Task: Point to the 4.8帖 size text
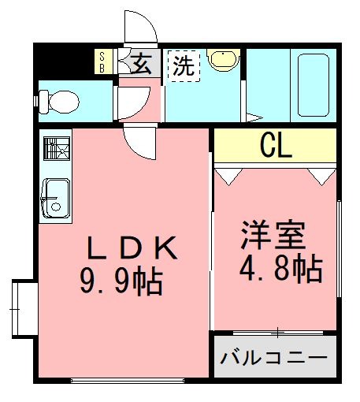click(x=280, y=270)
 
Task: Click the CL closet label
click(x=276, y=144)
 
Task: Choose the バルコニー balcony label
click(x=273, y=358)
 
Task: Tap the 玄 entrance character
click(x=141, y=63)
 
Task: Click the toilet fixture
click(x=58, y=101)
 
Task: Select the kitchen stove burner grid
click(x=55, y=148)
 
